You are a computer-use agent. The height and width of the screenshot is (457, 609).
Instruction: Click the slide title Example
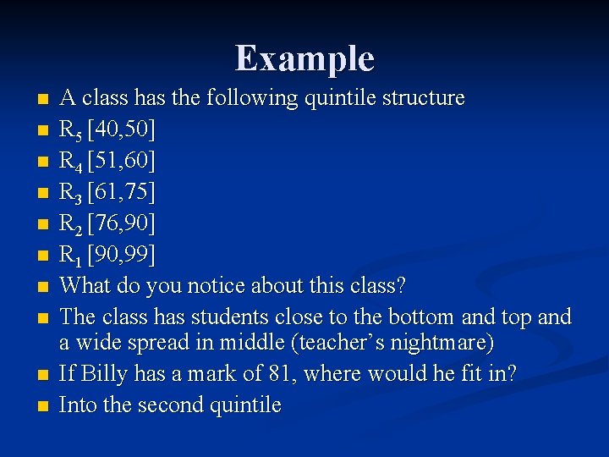point(304,58)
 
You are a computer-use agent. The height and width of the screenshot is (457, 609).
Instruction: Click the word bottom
point(420,317)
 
